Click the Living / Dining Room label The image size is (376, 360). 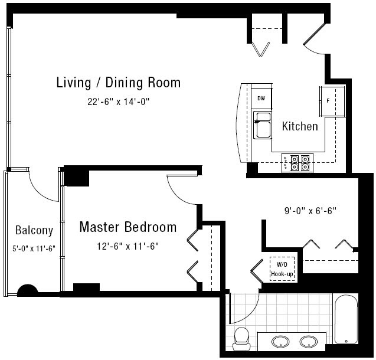coord(119,83)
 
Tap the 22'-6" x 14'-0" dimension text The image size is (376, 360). coord(119,102)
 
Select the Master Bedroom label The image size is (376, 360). coord(128,227)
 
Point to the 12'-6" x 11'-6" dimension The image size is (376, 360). coord(128,246)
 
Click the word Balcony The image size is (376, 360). coord(34,231)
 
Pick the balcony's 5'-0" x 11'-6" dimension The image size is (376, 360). coord(34,248)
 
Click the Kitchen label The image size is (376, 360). coord(300,126)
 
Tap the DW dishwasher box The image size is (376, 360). coord(261,99)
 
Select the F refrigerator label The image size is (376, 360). coord(328,101)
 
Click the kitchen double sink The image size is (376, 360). coord(263,125)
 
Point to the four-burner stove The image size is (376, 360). coord(297,163)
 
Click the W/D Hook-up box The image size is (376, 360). coord(282,269)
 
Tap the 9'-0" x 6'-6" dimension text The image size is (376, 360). coord(310,211)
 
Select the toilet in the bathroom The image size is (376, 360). coord(241,339)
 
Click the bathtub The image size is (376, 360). coord(346,319)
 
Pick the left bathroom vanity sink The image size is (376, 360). coord(280,341)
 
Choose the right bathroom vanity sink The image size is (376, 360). coord(309,342)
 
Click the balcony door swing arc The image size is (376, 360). coord(39,191)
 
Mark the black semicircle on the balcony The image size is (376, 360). coord(28,290)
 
